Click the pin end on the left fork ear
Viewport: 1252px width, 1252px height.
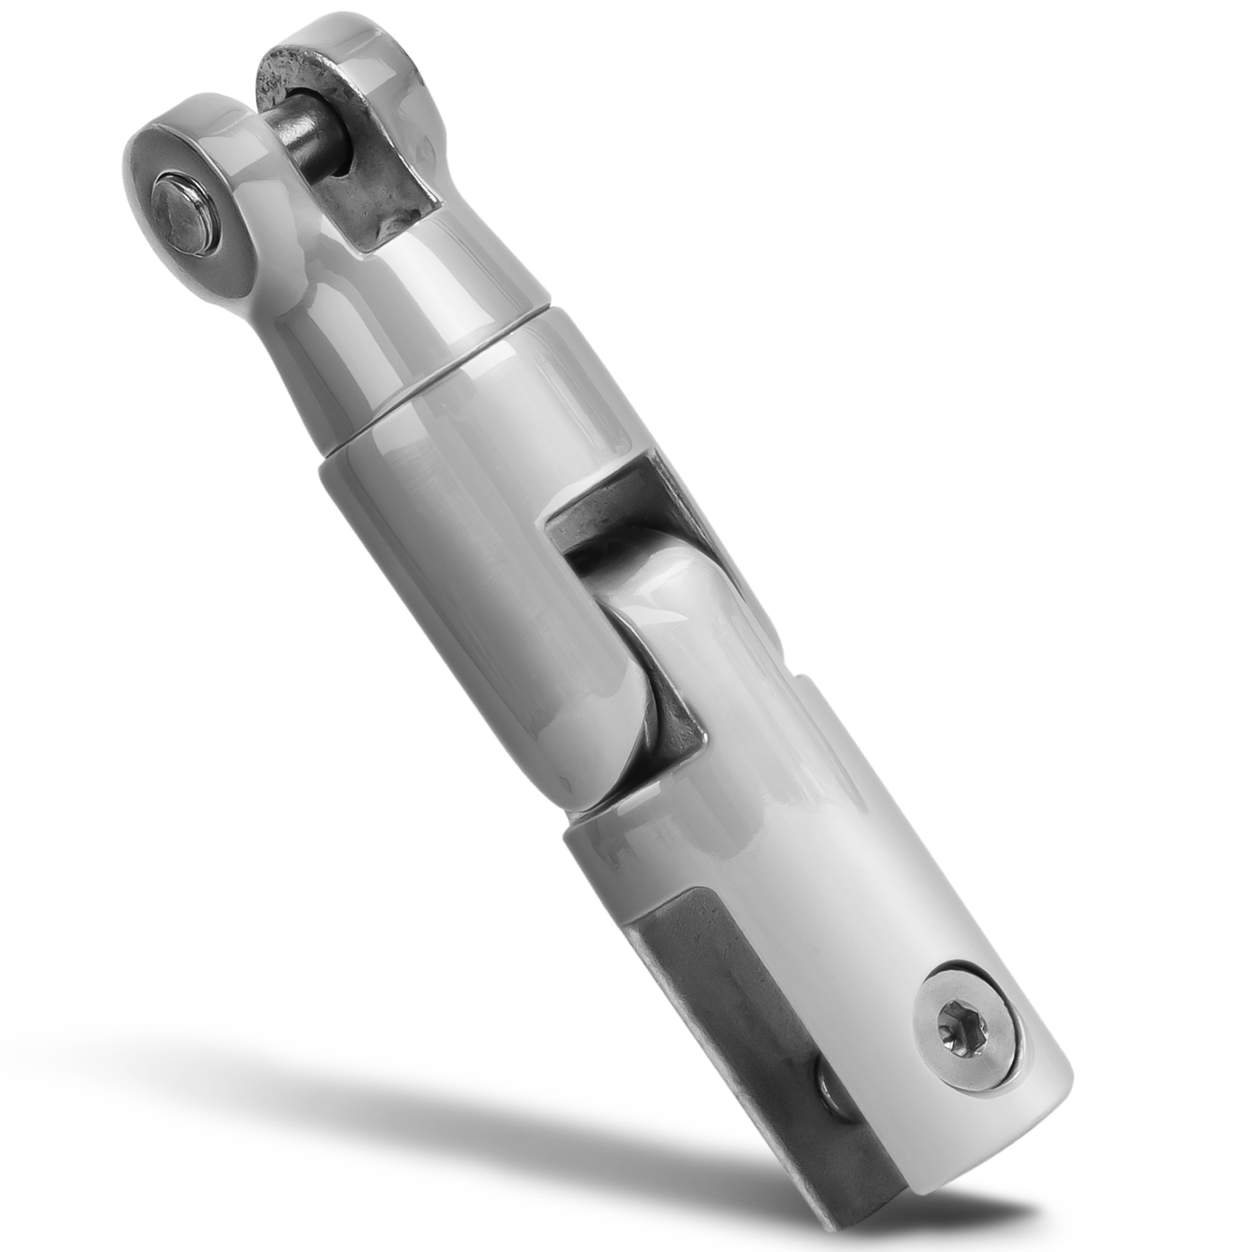(x=183, y=215)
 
